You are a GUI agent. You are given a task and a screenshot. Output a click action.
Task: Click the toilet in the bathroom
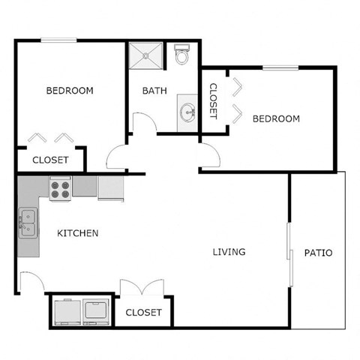181,56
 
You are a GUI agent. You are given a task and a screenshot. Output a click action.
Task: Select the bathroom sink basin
187,112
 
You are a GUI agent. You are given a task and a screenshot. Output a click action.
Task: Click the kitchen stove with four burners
60,187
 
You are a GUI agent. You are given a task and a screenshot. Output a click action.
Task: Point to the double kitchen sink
28,223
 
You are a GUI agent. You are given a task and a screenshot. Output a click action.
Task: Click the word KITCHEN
78,233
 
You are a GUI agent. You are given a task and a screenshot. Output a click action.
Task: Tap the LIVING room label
229,252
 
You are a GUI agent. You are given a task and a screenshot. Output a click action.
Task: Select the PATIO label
318,253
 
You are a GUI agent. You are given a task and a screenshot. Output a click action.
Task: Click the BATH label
154,91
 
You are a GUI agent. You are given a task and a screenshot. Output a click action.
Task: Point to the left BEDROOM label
70,91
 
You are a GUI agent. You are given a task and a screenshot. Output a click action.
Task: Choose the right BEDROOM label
276,118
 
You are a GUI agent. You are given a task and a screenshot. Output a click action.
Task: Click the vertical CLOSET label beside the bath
213,100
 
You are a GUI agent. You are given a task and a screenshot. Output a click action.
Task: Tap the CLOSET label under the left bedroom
51,160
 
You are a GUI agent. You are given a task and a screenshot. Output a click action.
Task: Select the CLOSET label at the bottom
143,312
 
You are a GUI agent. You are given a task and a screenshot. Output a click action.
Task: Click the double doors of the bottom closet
141,289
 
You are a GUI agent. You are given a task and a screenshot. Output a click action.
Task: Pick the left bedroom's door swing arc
118,158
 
